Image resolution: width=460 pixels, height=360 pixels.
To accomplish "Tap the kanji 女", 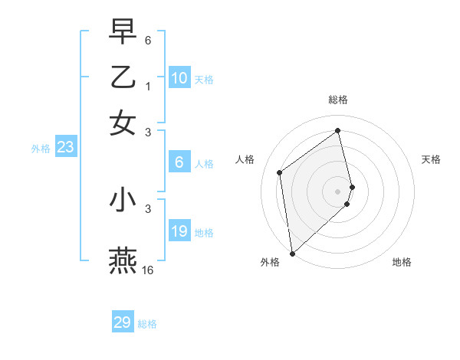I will (123, 123).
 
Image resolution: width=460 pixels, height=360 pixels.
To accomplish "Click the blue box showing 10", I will (179, 78).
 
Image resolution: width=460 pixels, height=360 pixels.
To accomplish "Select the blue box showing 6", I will (179, 162).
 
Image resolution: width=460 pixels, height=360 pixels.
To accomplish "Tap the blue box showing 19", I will (179, 231).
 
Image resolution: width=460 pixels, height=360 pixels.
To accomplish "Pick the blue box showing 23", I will (65, 147).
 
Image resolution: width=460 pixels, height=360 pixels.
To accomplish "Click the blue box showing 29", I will (123, 322).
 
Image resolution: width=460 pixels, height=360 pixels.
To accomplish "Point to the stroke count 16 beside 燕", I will (147, 270).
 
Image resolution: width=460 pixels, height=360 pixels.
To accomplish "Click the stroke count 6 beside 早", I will (148, 39).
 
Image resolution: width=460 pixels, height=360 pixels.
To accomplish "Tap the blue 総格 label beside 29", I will (147, 324).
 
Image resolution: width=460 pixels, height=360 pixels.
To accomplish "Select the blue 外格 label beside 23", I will (41, 149).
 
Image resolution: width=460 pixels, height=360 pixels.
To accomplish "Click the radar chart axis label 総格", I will (338, 100).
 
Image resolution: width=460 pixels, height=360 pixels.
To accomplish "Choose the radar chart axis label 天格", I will (431, 159).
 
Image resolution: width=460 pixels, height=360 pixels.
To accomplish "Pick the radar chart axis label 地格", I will (402, 262).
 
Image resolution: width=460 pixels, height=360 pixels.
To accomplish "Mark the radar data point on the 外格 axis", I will (292, 253).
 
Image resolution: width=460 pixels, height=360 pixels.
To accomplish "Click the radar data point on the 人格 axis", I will (280, 172).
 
